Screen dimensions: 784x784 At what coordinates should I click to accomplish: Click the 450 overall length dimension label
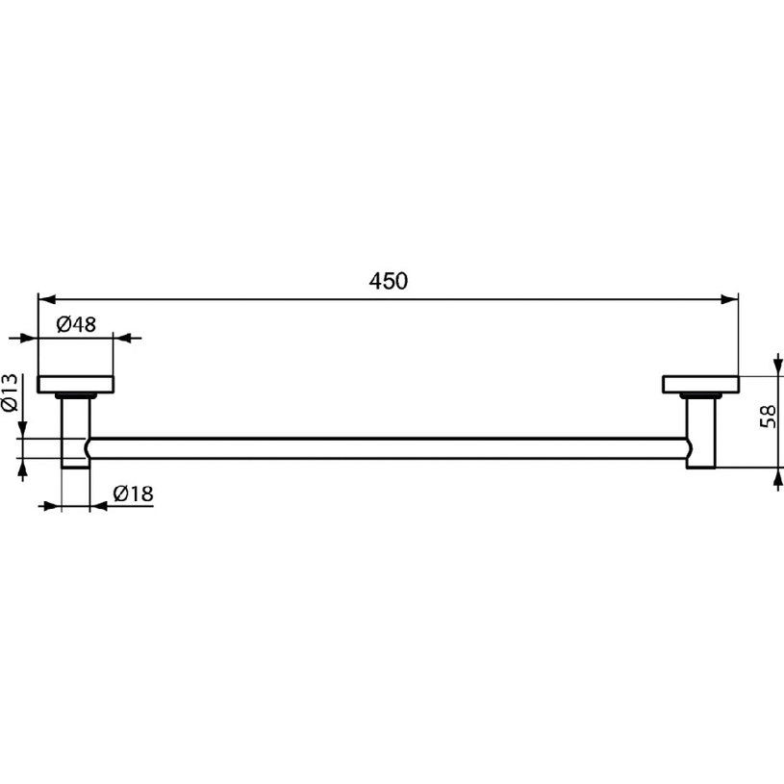tap(388, 281)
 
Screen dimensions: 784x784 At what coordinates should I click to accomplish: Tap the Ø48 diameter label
tap(76, 324)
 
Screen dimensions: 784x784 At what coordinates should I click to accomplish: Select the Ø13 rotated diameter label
tap(10, 393)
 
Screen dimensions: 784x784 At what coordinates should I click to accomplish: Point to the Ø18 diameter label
tap(133, 494)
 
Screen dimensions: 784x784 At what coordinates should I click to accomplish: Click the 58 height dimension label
tap(768, 416)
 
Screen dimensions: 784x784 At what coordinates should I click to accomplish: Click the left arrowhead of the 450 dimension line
tap(46, 299)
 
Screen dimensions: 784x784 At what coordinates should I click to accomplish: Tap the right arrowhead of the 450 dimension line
tap(730, 299)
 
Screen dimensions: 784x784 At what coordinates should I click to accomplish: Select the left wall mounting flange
tap(75, 384)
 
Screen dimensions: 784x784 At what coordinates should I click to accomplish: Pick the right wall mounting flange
tap(701, 384)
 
